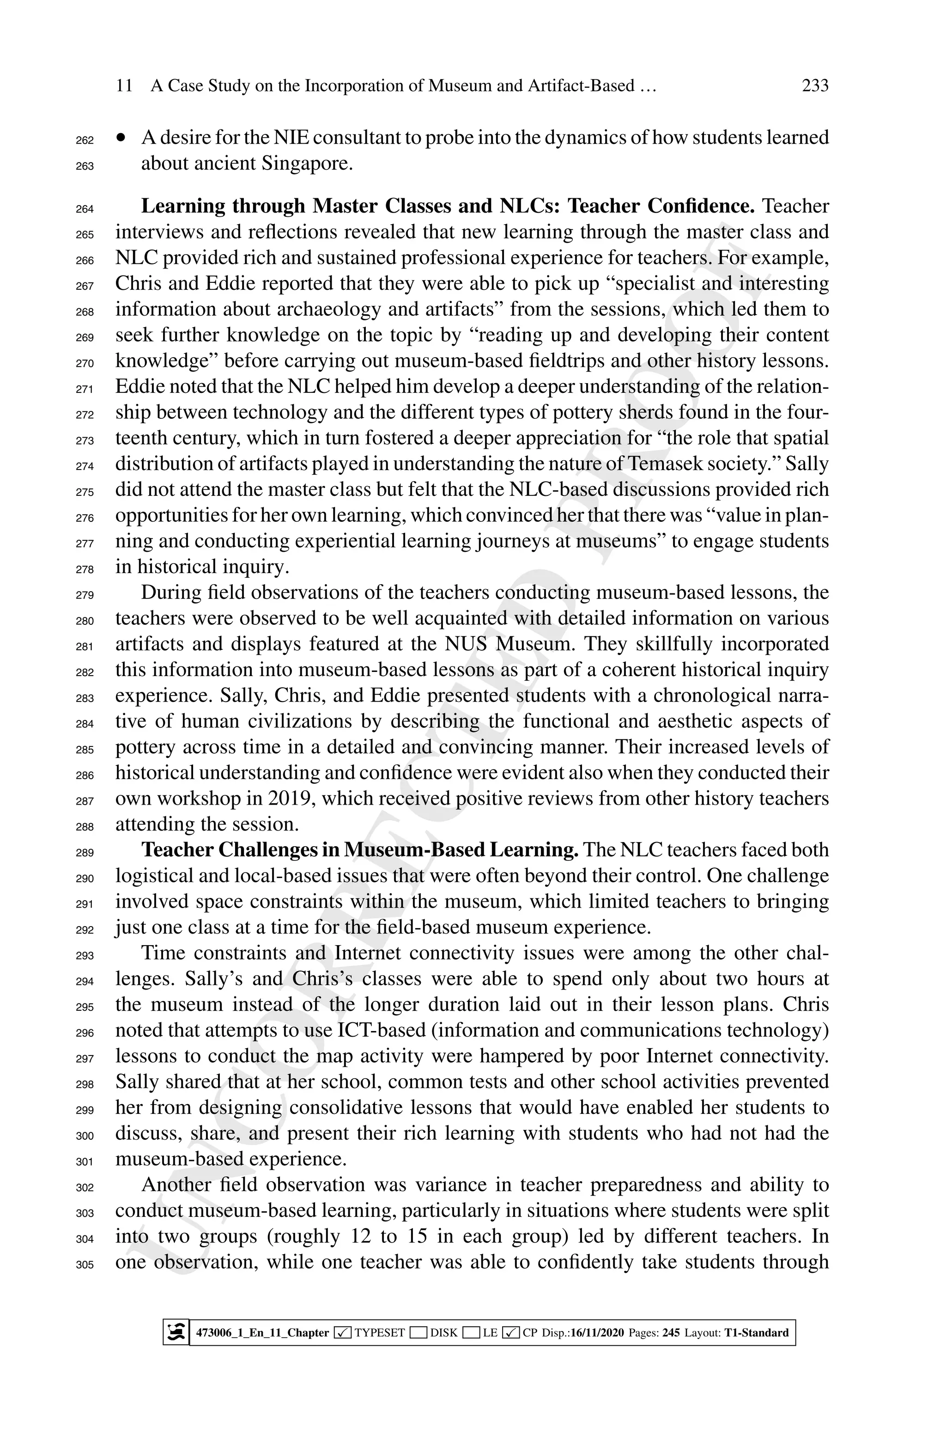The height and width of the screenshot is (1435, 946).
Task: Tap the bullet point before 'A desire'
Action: pyautogui.click(x=122, y=138)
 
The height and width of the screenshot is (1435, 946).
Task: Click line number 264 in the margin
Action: pyautogui.click(x=85, y=209)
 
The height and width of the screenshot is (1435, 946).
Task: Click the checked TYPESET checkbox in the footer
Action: pyautogui.click(x=343, y=1332)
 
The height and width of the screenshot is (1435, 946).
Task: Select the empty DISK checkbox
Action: pyautogui.click(x=418, y=1332)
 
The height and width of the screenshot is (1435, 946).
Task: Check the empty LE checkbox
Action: pyautogui.click(x=471, y=1332)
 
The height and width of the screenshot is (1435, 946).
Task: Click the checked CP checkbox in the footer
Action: pyautogui.click(x=510, y=1332)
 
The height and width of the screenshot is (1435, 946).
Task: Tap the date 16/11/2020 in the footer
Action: pyautogui.click(x=597, y=1332)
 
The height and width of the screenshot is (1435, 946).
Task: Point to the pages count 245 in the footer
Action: pyautogui.click(x=671, y=1332)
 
